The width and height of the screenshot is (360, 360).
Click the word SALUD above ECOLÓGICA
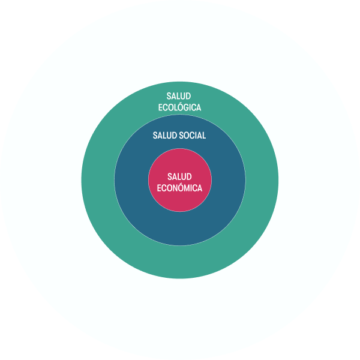[179, 96]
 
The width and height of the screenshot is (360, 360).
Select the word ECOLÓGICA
[179, 107]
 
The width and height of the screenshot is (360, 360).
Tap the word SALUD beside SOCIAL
[165, 135]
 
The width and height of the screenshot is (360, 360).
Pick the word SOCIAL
[193, 135]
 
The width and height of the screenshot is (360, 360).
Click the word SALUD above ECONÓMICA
[179, 176]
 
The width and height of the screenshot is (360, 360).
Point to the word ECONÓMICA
[179, 188]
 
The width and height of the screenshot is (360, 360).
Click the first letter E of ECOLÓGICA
[160, 107]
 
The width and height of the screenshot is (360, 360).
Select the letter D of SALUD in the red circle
[189, 176]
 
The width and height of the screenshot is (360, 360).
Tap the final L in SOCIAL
[204, 136]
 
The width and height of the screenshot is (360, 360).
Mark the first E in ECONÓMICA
[159, 188]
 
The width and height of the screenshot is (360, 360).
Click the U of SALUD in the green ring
[183, 96]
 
